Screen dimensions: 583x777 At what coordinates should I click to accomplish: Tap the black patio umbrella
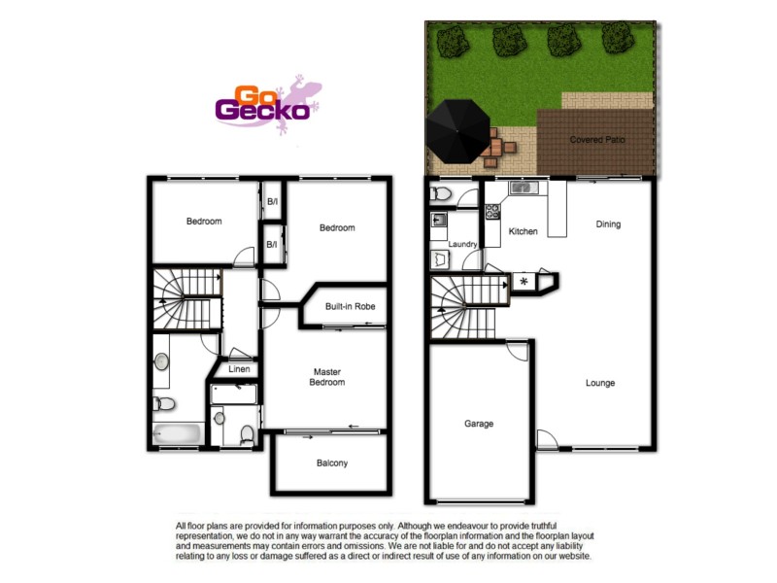click(x=458, y=132)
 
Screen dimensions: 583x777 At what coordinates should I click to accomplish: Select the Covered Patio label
click(x=597, y=140)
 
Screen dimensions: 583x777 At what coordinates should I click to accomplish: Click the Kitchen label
click(x=524, y=231)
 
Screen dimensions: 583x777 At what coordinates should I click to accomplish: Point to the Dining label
click(x=608, y=224)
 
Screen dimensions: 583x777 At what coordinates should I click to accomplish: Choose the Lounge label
click(x=600, y=383)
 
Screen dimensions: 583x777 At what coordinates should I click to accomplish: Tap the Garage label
click(x=479, y=424)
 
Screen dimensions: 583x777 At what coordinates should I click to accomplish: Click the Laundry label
click(x=461, y=244)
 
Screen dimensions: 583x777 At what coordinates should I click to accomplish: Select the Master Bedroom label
click(x=328, y=377)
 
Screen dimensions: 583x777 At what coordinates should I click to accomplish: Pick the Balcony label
click(x=332, y=463)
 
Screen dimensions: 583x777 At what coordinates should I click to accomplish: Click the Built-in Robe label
click(x=350, y=306)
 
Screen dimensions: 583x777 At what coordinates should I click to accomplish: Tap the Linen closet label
click(x=240, y=369)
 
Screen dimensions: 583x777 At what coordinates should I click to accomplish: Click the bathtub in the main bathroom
click(x=176, y=432)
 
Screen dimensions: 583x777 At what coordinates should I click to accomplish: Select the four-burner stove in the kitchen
click(x=492, y=210)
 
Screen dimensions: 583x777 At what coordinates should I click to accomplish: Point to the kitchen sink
click(x=520, y=187)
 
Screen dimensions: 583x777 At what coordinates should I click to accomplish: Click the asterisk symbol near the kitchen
click(x=524, y=282)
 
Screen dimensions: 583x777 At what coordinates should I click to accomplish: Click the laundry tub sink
click(x=438, y=221)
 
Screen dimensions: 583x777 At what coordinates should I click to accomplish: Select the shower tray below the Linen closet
click(x=234, y=394)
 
